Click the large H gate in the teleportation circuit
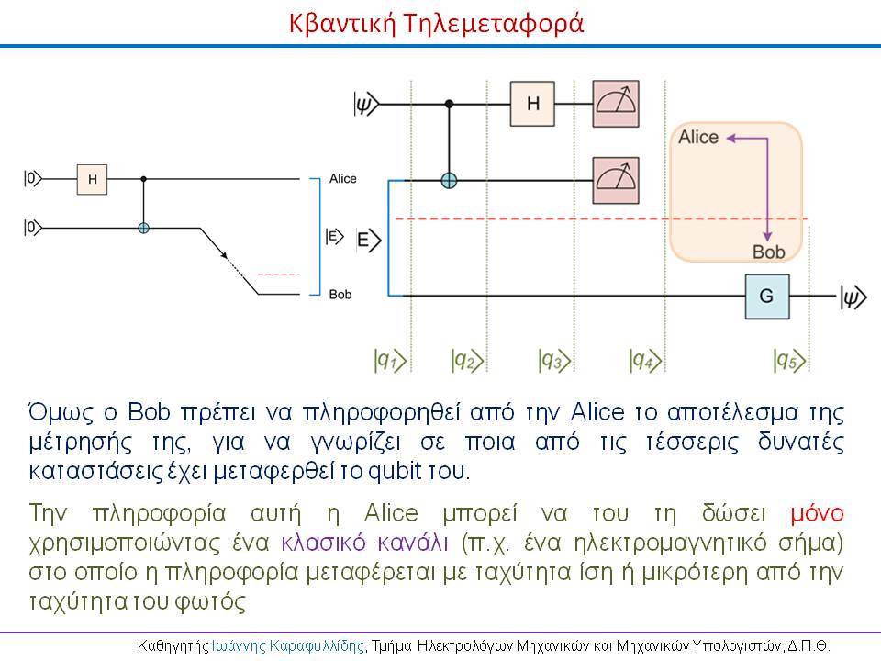click(532, 104)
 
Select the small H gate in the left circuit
click(92, 179)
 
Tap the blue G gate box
click(767, 297)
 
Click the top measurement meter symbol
click(616, 104)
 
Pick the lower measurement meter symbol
click(616, 180)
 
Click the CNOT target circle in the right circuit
click(449, 181)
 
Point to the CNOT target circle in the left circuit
click(143, 228)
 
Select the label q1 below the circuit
click(390, 360)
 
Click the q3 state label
click(554, 360)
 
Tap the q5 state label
click(789, 360)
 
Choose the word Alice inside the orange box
click(698, 137)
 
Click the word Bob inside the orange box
click(769, 252)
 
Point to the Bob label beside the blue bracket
click(340, 295)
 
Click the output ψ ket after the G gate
click(853, 297)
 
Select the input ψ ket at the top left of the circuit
click(366, 104)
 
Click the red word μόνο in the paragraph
click(817, 514)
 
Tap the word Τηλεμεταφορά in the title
click(494, 24)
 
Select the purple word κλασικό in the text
click(323, 543)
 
